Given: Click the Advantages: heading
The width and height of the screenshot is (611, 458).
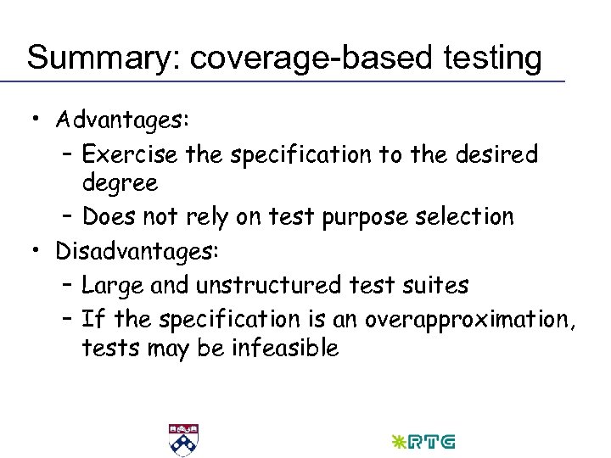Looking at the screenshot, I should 122,120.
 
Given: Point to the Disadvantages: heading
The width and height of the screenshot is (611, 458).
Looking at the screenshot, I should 137,251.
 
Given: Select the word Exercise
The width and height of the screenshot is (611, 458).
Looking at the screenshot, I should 130,154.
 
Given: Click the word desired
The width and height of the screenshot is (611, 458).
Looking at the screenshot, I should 496,154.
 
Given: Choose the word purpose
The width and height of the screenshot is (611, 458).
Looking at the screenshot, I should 354,216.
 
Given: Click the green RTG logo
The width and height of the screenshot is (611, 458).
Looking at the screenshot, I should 423,442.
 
